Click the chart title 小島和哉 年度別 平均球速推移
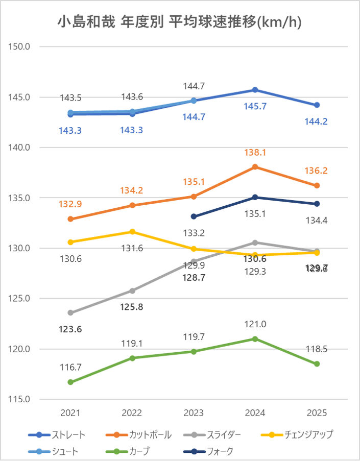pos(179,22)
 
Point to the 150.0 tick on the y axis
pos(20,46)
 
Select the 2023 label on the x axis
pos(194,413)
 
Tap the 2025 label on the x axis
pos(317,413)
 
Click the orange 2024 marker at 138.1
pos(255,166)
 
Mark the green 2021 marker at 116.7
pos(70,382)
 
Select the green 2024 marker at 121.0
pos(255,338)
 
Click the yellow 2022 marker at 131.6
pos(132,232)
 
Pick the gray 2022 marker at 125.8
pos(132,290)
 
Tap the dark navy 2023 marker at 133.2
pos(194,216)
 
